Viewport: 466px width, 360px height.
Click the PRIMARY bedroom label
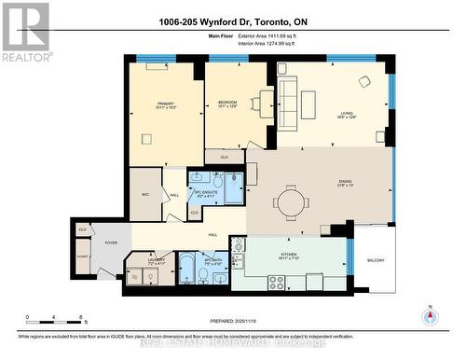coord(166,104)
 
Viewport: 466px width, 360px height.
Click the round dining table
coord(293,200)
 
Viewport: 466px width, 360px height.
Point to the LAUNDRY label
coord(144,261)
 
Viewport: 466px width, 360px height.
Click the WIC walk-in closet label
coord(145,193)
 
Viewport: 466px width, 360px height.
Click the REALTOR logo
coord(24,33)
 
